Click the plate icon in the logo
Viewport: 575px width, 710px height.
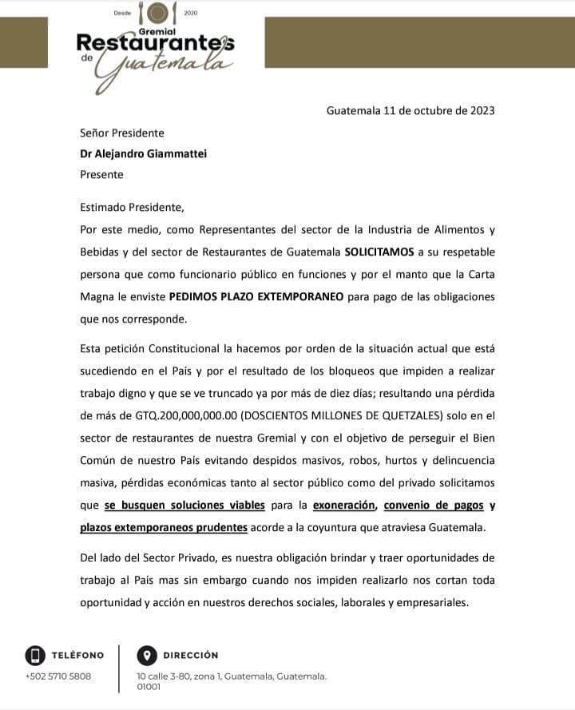coord(158,13)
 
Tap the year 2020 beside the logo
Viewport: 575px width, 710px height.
coord(190,14)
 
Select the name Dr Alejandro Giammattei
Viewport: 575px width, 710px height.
coord(143,154)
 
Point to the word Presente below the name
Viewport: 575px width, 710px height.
coord(101,174)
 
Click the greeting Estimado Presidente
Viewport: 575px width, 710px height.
coord(132,208)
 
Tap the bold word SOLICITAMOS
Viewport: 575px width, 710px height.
coord(379,252)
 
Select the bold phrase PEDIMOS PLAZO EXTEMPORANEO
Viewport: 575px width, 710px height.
coord(256,296)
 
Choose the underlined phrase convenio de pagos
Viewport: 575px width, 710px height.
coord(434,505)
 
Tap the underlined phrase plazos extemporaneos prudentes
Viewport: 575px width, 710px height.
coord(164,527)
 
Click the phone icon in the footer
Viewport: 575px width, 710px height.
coord(34,656)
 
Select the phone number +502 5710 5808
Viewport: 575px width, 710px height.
coord(57,676)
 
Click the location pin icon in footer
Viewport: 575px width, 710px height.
coord(146,656)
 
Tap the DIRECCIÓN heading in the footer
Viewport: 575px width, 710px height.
coord(191,656)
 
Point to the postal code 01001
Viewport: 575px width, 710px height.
coord(149,686)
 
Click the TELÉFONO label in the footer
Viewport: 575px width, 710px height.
coord(77,656)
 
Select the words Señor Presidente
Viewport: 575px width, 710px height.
coord(122,133)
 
